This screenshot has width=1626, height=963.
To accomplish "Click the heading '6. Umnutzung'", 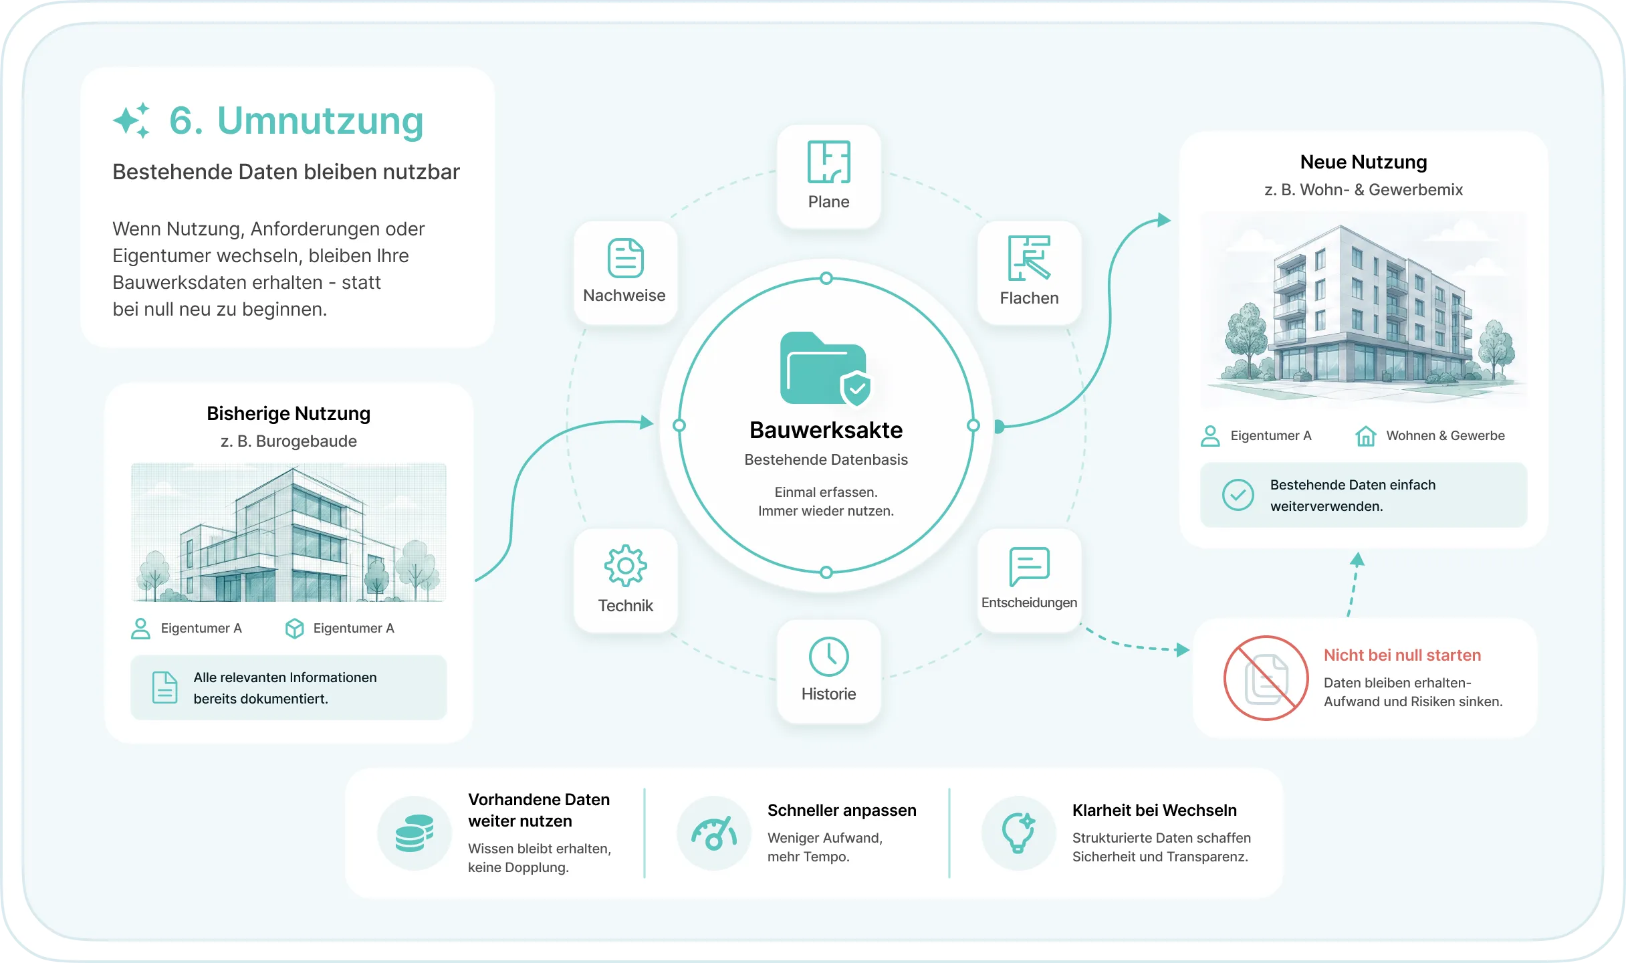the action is [x=296, y=121].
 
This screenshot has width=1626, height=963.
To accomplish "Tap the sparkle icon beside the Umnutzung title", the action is [x=131, y=120].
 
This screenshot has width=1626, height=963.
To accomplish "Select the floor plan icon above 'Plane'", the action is [x=828, y=162].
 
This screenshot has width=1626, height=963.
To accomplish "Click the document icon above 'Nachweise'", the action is [x=625, y=258].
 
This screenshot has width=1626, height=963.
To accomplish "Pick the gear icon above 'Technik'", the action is [x=625, y=566].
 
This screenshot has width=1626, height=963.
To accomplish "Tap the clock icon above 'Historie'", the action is [x=828, y=657].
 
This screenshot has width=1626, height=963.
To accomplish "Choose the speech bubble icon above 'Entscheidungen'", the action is [x=1029, y=566].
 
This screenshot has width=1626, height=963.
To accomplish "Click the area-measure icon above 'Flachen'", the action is [x=1029, y=258].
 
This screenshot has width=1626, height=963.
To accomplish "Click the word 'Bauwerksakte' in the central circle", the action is [x=826, y=430].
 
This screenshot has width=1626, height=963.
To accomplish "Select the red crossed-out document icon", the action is [x=1266, y=678].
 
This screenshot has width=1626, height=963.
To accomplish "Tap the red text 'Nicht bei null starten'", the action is [x=1402, y=655].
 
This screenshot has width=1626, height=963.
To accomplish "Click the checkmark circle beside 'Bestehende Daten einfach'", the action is [x=1238, y=496].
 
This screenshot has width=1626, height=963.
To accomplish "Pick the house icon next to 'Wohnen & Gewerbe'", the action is [x=1365, y=436].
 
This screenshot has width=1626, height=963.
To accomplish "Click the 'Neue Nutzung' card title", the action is [x=1363, y=163].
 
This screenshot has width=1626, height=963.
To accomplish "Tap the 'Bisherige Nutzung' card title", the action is [x=288, y=414].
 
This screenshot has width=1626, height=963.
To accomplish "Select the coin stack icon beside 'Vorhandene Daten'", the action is [x=415, y=833].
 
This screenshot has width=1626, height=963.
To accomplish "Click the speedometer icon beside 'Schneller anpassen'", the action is [x=713, y=833].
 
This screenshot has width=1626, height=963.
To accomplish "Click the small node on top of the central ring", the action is [x=826, y=278].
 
